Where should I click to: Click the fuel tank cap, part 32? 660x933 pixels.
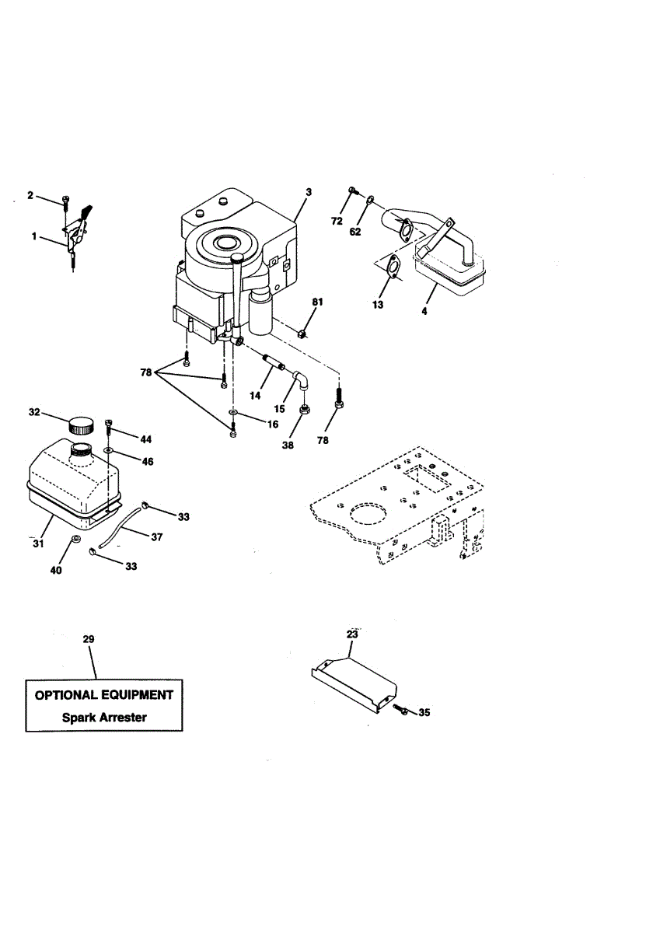point(80,425)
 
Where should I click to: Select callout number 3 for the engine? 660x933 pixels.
point(308,191)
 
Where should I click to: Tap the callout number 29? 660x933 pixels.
point(88,638)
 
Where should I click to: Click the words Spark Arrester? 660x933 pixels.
point(104,717)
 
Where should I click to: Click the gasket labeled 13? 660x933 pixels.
point(394,267)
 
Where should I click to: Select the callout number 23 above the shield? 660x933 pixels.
point(352,634)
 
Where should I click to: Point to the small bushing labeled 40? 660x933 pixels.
point(77,540)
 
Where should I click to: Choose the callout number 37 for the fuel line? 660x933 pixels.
point(157,536)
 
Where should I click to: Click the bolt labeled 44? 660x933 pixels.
point(110,424)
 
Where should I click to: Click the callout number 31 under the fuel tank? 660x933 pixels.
point(37,543)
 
